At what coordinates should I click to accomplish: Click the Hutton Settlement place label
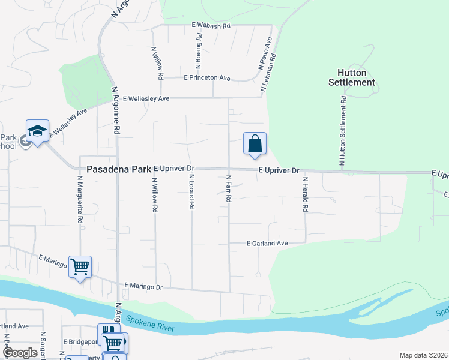point(352,77)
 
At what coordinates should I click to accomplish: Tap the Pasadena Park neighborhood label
point(119,170)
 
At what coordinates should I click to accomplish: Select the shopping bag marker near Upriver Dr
point(255,144)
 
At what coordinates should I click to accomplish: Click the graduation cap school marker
point(37,131)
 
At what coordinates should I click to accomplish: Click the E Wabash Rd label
point(211,26)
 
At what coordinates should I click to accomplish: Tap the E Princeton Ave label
point(207,78)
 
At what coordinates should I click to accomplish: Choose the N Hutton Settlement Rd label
point(342,130)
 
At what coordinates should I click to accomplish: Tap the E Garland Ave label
point(268,243)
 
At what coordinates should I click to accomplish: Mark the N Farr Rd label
point(229,188)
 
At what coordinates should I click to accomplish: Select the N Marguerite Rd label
point(79,200)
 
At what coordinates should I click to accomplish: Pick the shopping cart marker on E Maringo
point(80,266)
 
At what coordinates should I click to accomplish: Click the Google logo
point(20,353)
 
